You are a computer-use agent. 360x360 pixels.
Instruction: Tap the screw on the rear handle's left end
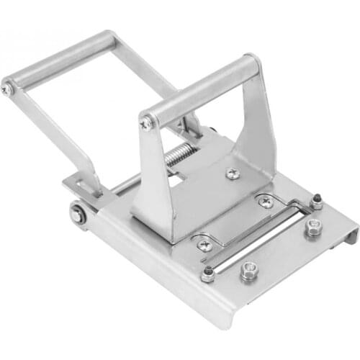(7, 89)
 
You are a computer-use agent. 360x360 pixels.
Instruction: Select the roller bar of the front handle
(202, 87)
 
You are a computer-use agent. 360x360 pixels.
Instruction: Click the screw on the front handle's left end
(146, 124)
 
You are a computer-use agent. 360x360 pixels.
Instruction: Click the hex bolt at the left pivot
(77, 215)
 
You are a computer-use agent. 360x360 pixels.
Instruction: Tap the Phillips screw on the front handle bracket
(233, 174)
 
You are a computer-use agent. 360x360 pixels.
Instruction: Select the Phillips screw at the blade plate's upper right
(266, 202)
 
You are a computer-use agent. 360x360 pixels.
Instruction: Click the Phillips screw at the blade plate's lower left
(204, 244)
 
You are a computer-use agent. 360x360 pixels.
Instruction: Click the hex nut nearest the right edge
(313, 228)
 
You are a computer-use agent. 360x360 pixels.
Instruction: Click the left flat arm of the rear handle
(54, 140)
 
